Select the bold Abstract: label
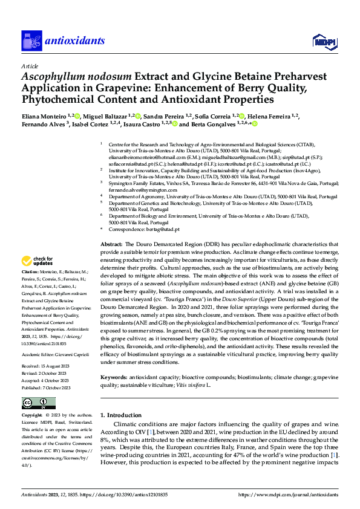click(112, 244)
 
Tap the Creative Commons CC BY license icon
click(39, 403)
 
